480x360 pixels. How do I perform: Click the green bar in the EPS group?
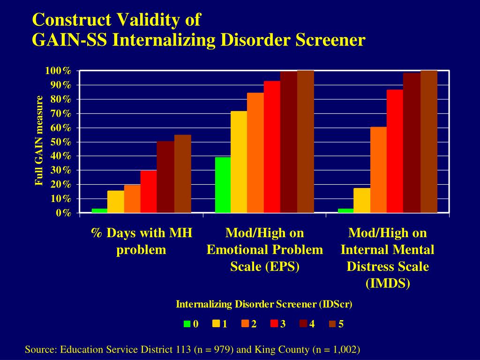point(223,185)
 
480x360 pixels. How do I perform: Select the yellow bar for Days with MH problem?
point(116,202)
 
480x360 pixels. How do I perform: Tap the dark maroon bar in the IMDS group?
point(412,143)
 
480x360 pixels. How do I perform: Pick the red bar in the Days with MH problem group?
point(149,192)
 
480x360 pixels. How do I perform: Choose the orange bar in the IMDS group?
point(378,170)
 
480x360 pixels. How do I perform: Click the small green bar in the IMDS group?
point(345,210)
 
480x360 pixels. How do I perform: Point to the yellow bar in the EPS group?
point(239,162)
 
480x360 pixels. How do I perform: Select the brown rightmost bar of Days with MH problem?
point(182,174)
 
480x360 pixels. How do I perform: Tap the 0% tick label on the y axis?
point(63,213)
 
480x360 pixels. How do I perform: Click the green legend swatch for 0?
point(187,323)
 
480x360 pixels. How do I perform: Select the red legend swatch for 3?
point(274,323)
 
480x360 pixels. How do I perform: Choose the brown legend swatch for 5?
point(332,323)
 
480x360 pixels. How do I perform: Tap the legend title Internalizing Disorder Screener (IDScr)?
point(264,304)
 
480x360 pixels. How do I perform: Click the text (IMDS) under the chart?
point(387,284)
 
